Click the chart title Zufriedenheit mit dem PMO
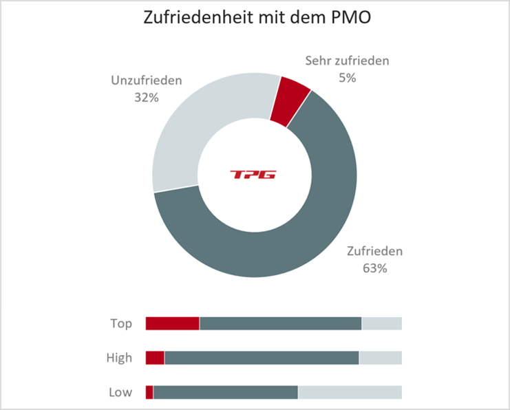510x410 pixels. coord(257,19)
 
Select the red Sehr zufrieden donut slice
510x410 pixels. coord(289,101)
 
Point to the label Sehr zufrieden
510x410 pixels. coord(347,61)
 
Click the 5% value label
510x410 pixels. coord(347,78)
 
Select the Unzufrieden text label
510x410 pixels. coord(147,80)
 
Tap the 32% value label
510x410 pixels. coord(147,98)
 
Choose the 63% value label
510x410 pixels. coord(375,268)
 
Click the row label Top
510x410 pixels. coord(121,323)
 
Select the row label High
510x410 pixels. coord(119,358)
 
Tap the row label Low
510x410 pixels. coord(120,392)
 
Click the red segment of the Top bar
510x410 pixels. coord(172,323)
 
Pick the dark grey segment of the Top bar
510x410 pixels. coord(280,323)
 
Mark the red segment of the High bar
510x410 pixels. coord(155,358)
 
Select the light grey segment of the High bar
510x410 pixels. coord(380,358)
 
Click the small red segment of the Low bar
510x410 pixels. coord(149,392)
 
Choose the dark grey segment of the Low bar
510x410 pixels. coord(225,392)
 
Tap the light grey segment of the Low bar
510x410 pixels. coord(350,392)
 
